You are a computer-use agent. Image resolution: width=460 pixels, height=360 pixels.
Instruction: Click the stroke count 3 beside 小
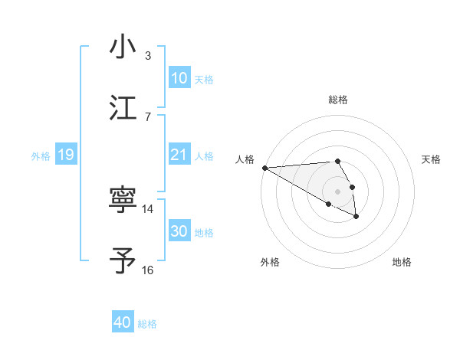(148, 56)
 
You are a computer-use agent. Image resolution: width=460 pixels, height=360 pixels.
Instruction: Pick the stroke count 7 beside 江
(148, 116)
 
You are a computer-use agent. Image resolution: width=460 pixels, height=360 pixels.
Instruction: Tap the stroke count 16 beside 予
(148, 270)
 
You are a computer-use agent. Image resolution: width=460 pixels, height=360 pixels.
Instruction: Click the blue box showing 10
(179, 78)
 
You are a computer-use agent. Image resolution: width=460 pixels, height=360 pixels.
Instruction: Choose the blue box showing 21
(179, 155)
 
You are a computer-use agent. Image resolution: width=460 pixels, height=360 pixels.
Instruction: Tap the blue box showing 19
(65, 155)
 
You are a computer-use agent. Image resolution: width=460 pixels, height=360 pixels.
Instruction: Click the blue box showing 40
(123, 323)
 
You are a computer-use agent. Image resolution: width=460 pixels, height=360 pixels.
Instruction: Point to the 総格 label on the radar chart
(338, 100)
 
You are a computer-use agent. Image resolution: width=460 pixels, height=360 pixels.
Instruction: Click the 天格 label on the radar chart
(432, 159)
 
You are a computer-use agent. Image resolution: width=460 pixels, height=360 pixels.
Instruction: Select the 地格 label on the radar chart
(402, 262)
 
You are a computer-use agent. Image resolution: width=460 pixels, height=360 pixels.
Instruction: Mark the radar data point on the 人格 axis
(264, 168)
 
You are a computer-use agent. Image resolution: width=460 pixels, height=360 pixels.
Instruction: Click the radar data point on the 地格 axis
(356, 217)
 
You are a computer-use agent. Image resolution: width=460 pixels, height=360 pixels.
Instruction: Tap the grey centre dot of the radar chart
(338, 191)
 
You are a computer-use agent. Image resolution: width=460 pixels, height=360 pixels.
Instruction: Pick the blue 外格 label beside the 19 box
(41, 155)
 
